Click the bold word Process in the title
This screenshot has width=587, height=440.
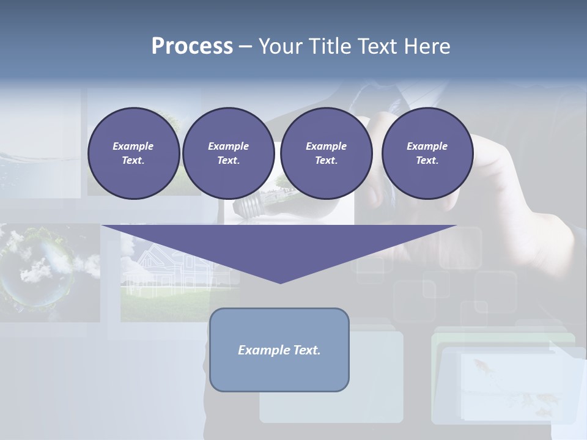tap(192, 46)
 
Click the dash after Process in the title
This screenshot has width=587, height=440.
tap(245, 48)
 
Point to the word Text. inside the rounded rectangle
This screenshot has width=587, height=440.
tap(306, 350)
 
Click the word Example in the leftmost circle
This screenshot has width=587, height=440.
tap(133, 146)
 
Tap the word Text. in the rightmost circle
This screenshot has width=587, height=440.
tap(427, 160)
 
